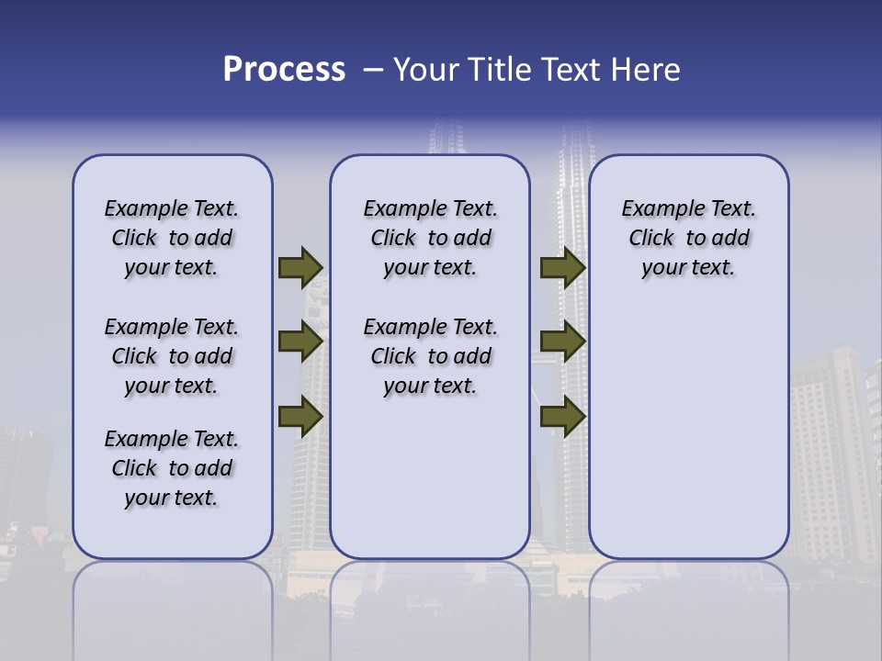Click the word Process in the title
pos(284,70)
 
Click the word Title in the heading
pos(500,70)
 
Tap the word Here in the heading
pos(646,70)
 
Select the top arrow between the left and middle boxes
pos(300,267)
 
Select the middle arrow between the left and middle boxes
pos(300,342)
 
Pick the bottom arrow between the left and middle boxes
pos(300,416)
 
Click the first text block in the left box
pos(172,238)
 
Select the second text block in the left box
pos(172,356)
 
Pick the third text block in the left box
pos(172,468)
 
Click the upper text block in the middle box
pos(430,238)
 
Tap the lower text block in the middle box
pos(430,356)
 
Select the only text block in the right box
pos(688,238)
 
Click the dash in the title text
pos(373,70)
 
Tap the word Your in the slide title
pos(426,70)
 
